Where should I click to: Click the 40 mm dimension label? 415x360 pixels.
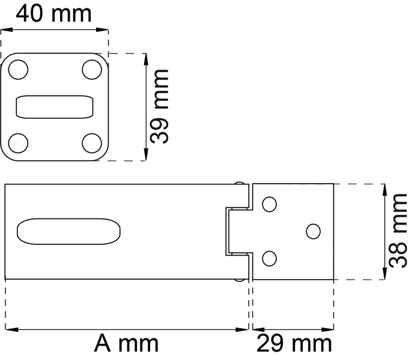(x=54, y=13)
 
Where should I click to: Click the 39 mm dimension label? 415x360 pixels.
(x=159, y=106)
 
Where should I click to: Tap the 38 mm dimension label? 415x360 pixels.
(x=398, y=230)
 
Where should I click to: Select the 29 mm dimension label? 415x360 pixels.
(x=294, y=344)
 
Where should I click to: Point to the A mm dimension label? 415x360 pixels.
(x=126, y=344)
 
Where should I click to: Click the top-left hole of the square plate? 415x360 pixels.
(x=19, y=70)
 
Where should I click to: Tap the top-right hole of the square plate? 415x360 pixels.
(x=92, y=70)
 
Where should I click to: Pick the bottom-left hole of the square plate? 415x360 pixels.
(x=19, y=143)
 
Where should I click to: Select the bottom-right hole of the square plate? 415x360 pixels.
(x=92, y=143)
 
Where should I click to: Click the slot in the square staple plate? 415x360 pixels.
(x=55, y=107)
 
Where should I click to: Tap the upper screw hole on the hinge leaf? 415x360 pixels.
(x=270, y=204)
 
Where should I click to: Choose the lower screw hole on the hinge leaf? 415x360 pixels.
(x=270, y=259)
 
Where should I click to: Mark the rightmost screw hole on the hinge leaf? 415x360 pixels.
(x=313, y=231)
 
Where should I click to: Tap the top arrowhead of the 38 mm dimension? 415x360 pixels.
(x=384, y=188)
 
